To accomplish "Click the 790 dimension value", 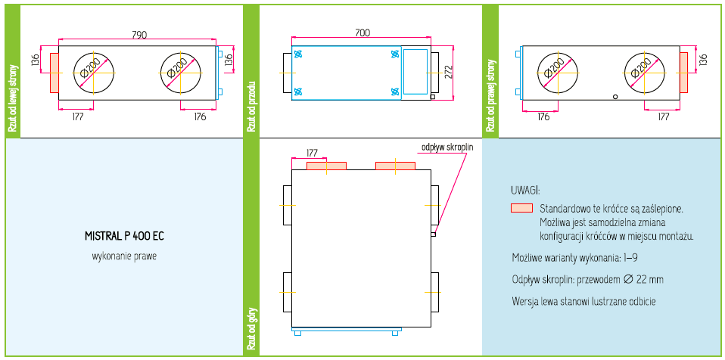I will pyautogui.click(x=139, y=35).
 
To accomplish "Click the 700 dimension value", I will pyautogui.click(x=362, y=33).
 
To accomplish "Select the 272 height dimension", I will pyautogui.click(x=448, y=72).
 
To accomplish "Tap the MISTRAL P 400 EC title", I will pyautogui.click(x=124, y=236).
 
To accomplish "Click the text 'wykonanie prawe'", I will pyautogui.click(x=124, y=256).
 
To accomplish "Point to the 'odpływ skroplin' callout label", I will pyautogui.click(x=447, y=147).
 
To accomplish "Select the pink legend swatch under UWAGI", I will pyautogui.click(x=522, y=208).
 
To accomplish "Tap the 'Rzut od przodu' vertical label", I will pyautogui.click(x=251, y=106).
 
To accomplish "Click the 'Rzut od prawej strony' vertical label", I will pyautogui.click(x=490, y=95).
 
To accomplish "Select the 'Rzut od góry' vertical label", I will pyautogui.click(x=251, y=330).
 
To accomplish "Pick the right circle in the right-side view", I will pyautogui.click(x=641, y=72).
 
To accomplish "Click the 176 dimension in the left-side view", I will pyautogui.click(x=200, y=116).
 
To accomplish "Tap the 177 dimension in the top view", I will pyautogui.click(x=312, y=153).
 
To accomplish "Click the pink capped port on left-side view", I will pyautogui.click(x=54, y=72).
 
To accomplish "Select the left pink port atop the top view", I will pyautogui.click(x=327, y=165).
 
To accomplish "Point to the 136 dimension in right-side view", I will pyautogui.click(x=703, y=58).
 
